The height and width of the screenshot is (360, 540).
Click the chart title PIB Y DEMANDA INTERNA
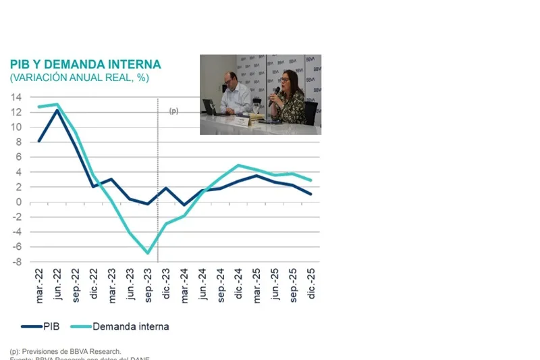(85, 65)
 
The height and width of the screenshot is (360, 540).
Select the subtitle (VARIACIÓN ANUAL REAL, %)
(79, 78)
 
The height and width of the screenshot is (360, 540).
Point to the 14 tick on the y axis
(16, 97)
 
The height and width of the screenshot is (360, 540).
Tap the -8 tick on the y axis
(16, 261)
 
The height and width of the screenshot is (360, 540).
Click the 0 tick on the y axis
(19, 202)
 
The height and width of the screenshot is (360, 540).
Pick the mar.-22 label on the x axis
(40, 285)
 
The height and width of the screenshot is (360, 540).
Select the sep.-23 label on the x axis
(148, 285)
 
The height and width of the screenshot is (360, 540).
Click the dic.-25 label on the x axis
(311, 285)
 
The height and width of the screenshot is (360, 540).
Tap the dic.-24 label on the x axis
(239, 285)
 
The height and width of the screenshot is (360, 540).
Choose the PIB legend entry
(40, 326)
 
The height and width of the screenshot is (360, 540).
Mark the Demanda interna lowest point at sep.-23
(148, 253)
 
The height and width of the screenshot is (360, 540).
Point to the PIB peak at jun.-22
(57, 110)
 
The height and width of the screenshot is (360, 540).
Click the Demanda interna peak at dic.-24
(238, 165)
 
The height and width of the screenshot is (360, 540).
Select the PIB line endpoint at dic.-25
(310, 195)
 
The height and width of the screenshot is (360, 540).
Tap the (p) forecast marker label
(173, 111)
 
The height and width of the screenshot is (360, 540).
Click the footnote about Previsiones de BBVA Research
(65, 351)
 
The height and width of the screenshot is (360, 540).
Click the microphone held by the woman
(276, 90)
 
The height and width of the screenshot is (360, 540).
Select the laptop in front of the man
(210, 107)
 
